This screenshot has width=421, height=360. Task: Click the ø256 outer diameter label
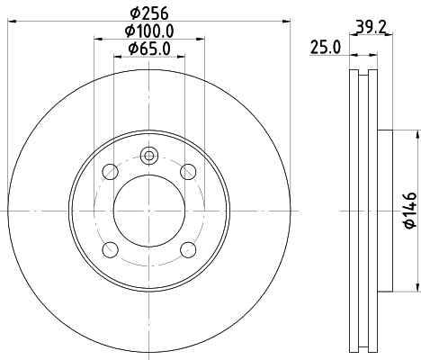(148, 12)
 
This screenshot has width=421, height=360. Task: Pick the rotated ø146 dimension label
(408, 210)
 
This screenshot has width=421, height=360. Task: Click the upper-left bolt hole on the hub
(110, 171)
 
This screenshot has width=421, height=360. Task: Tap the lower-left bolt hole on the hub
(110, 249)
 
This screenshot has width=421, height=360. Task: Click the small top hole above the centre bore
(148, 154)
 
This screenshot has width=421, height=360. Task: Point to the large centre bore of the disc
(148, 210)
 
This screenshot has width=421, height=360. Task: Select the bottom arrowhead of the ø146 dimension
(418, 286)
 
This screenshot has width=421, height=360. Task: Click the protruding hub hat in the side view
(385, 210)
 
